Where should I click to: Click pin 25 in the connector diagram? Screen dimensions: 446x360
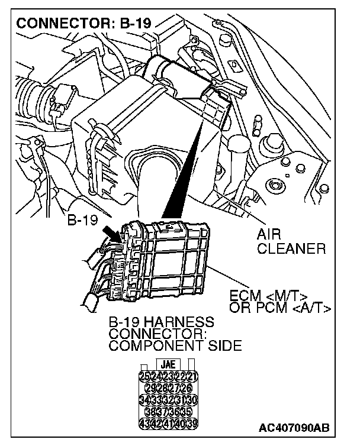144,376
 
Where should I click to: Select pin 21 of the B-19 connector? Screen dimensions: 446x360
192,376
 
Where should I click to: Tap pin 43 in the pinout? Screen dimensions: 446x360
144,424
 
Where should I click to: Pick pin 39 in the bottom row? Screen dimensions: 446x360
192,424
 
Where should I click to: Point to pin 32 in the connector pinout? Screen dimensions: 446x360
168,400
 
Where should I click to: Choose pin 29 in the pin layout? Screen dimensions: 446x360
150,388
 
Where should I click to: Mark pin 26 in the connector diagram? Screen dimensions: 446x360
186,388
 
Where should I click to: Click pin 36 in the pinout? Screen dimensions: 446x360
174,412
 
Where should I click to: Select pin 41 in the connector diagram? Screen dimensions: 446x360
168,424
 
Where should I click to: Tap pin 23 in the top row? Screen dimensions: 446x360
168,376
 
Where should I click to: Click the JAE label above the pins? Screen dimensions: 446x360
168,364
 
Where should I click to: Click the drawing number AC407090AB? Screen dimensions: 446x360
294,427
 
